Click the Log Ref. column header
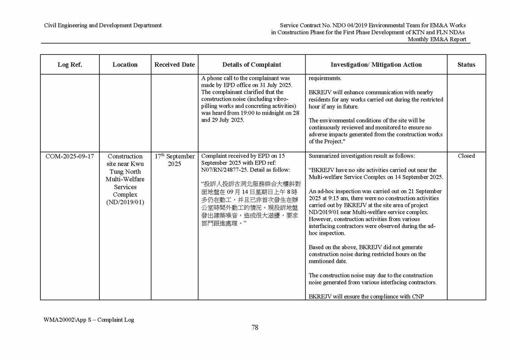69,64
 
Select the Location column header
125,64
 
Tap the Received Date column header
174,64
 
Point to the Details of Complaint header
252,64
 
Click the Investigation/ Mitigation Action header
376,64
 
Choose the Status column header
466,64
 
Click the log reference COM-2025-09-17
69,156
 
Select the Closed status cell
466,156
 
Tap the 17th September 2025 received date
174,160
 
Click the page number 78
255,328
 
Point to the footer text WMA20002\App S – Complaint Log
89,320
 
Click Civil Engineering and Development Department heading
103,25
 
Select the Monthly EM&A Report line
436,39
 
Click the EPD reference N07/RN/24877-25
225,170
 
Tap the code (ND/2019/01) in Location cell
125,201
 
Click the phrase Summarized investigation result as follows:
361,156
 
